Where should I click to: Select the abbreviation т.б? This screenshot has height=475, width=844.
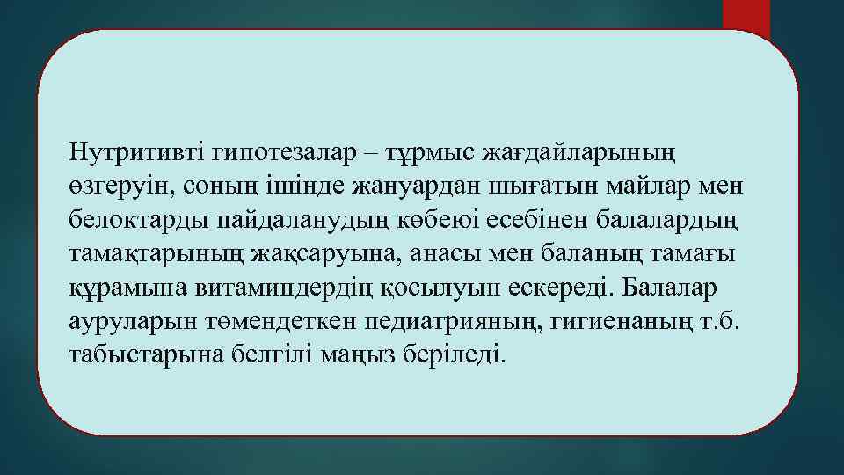point(722,322)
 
